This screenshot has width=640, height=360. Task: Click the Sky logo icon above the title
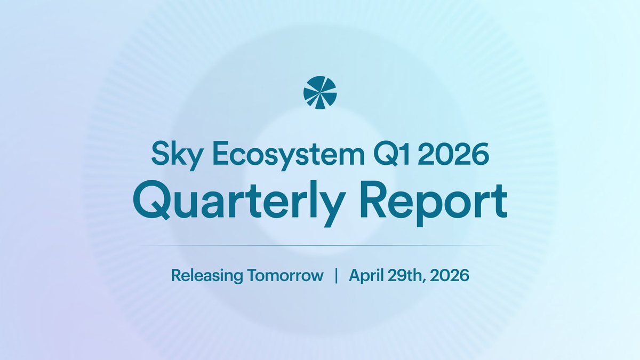click(x=320, y=93)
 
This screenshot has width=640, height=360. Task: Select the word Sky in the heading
click(x=176, y=155)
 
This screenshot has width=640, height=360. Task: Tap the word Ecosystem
click(x=289, y=155)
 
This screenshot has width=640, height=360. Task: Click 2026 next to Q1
click(x=453, y=154)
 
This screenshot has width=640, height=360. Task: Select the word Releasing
click(x=207, y=276)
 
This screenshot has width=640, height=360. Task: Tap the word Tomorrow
click(x=286, y=275)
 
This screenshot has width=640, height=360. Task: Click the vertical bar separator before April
click(x=337, y=275)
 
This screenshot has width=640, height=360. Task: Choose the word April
click(x=366, y=276)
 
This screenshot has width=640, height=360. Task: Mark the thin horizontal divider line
click(x=320, y=245)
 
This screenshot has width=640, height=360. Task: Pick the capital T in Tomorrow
click(x=254, y=275)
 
